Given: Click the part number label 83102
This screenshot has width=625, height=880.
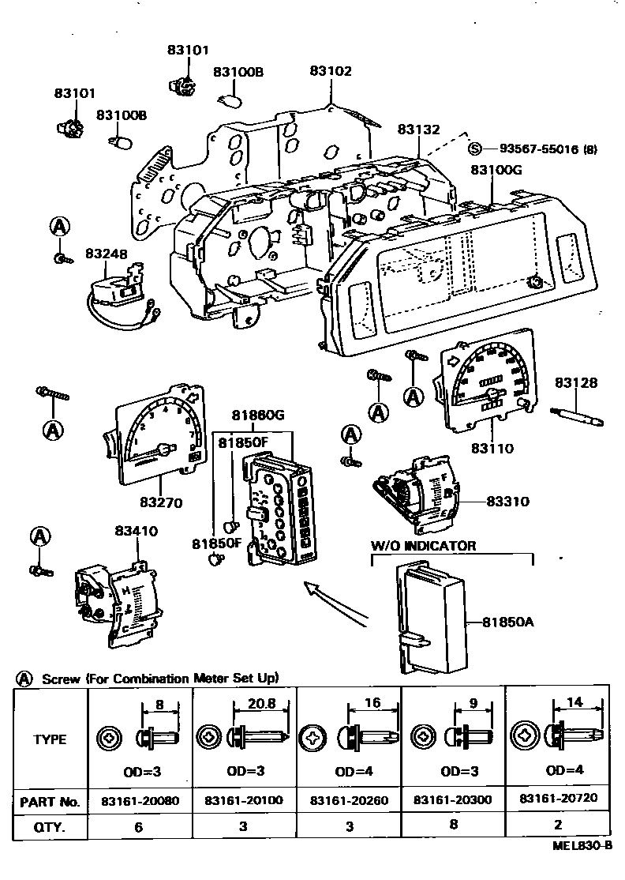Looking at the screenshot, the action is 331,71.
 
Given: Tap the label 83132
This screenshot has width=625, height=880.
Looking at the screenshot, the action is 419,129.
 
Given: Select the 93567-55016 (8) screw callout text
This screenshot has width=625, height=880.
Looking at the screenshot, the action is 548,149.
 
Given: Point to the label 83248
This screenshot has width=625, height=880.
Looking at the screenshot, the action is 107,254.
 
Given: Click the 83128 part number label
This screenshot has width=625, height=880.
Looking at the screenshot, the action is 576,383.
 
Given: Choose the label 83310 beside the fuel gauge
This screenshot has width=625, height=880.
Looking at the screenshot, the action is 508,501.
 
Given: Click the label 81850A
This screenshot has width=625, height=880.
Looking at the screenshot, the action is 508,622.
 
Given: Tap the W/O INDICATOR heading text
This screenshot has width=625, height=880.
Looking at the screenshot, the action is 424,546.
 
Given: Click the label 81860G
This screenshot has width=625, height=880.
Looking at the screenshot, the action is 258,416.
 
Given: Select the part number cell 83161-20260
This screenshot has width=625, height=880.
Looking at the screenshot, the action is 350,800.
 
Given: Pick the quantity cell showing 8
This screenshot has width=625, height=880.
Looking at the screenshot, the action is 454,824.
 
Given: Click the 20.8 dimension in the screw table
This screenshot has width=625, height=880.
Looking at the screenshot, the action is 261,703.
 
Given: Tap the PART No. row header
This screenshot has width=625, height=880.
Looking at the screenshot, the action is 50,802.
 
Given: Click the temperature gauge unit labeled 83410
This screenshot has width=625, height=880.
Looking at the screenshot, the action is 118,601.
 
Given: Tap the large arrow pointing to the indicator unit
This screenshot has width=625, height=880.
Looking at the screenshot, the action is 335,603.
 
